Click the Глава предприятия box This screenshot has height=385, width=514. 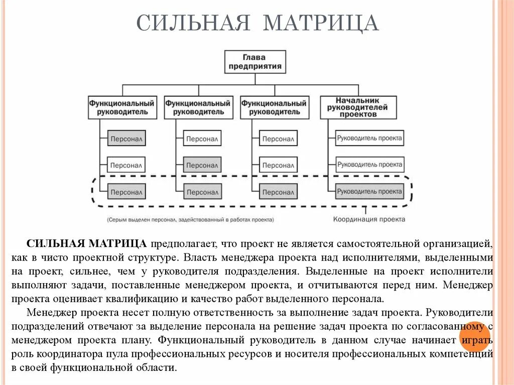(x=255, y=62)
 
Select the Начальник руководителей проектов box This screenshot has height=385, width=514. (x=358, y=107)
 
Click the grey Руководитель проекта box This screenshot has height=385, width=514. (x=369, y=191)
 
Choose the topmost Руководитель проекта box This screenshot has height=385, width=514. (x=369, y=138)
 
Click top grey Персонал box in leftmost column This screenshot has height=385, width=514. (x=126, y=138)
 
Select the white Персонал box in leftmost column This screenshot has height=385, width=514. (x=126, y=165)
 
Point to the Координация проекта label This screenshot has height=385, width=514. (x=369, y=219)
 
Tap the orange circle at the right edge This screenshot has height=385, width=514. (x=474, y=337)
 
